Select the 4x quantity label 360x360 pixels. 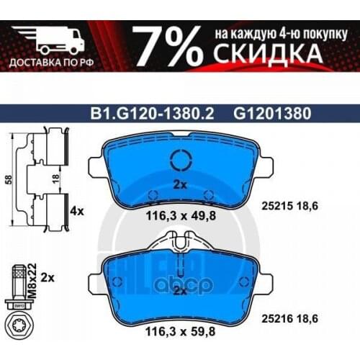[77, 212]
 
